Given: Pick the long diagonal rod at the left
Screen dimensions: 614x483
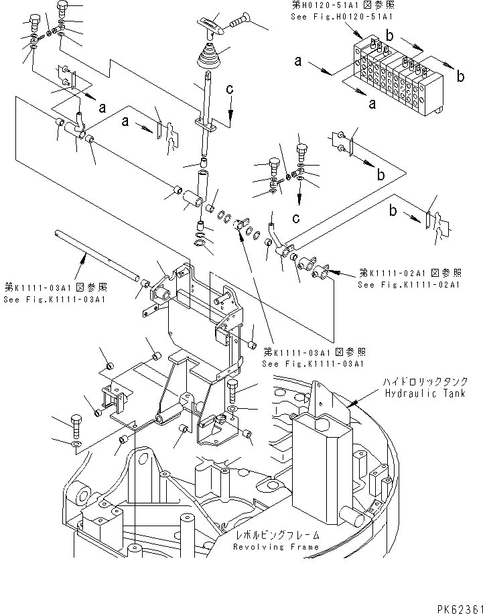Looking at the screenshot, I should click(93, 253).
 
